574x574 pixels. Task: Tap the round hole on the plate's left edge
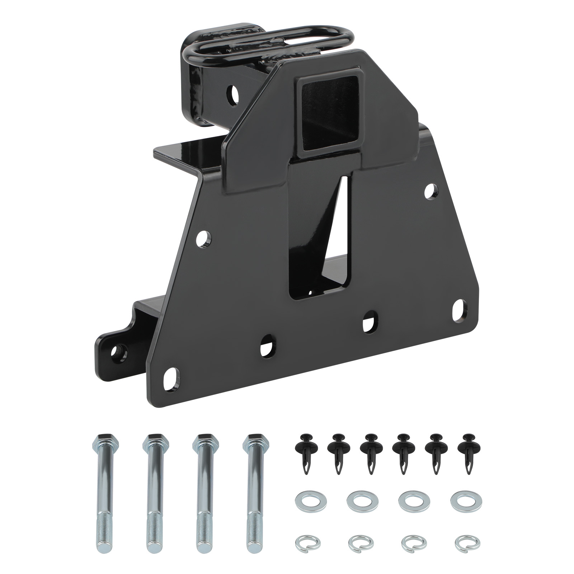click(x=204, y=237)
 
